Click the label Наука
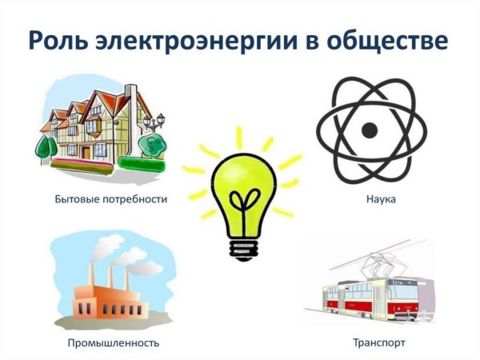[x=366, y=198]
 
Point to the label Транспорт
[x=378, y=343]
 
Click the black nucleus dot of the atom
[x=368, y=129]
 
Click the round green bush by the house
[x=148, y=144]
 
